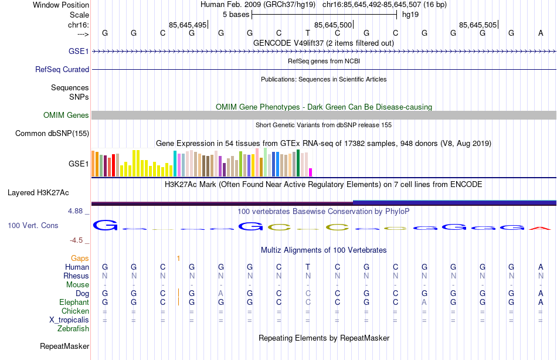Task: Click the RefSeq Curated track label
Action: (62, 69)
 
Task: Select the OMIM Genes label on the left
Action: (66, 116)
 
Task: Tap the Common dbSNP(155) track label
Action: (52, 134)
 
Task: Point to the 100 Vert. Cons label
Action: (33, 225)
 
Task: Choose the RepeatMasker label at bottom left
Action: (64, 347)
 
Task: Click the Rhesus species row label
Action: (77, 276)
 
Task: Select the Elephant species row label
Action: (74, 303)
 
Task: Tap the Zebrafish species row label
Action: (73, 329)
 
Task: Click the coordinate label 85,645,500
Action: (333, 25)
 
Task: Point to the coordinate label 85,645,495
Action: (188, 25)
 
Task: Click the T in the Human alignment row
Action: (308, 267)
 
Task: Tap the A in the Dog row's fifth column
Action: (221, 293)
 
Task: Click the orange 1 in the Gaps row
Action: (178, 258)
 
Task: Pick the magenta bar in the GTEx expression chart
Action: (311, 172)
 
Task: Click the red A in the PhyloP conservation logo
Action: (540, 228)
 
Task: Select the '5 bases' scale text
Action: (236, 15)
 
